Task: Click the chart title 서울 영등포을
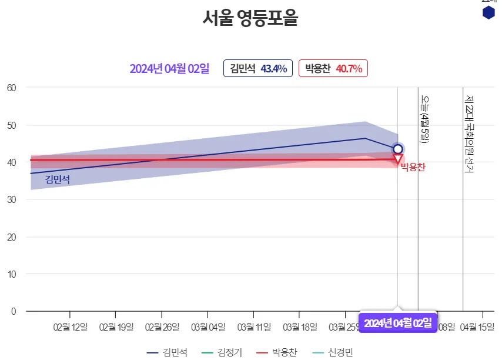[250, 19]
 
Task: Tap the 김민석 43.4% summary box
[258, 69]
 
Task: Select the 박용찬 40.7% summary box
[333, 69]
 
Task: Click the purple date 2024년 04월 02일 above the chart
[169, 69]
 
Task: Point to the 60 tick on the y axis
[12, 88]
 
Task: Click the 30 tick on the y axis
[12, 199]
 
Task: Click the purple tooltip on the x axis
[397, 322]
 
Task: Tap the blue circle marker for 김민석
[398, 149]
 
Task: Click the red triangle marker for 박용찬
[398, 159]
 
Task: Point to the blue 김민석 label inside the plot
[58, 179]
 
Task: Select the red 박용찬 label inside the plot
[413, 168]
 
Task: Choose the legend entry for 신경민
[333, 352]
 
